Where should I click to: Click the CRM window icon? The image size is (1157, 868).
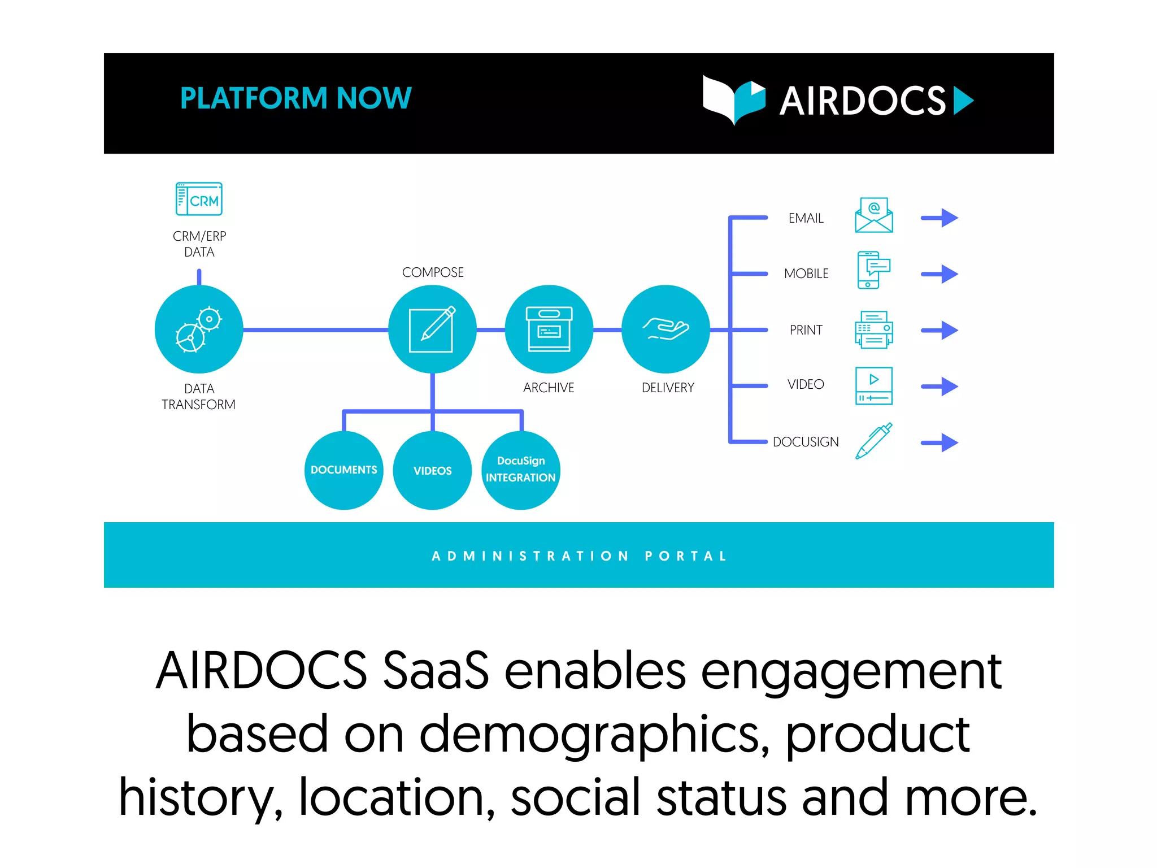(199, 199)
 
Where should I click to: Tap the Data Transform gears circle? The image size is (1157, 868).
(199, 329)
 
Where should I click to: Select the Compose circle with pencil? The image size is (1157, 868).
(432, 329)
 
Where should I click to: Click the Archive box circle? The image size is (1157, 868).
(549, 329)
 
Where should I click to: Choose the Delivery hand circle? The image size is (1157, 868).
(666, 329)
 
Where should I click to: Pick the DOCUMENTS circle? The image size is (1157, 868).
(343, 470)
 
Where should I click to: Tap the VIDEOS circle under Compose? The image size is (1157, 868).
(432, 470)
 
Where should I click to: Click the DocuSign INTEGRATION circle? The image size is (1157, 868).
(520, 470)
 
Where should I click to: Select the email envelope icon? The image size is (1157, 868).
(873, 215)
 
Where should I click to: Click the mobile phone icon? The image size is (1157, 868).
(872, 270)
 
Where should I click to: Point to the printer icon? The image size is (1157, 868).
(873, 329)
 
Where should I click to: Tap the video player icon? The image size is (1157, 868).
(873, 386)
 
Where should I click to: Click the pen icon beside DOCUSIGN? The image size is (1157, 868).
(873, 441)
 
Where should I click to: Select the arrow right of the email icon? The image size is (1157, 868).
(939, 218)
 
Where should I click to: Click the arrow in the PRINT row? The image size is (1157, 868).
(939, 330)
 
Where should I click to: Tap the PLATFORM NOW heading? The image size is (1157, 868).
(295, 98)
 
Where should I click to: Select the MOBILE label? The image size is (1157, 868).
(806, 274)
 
